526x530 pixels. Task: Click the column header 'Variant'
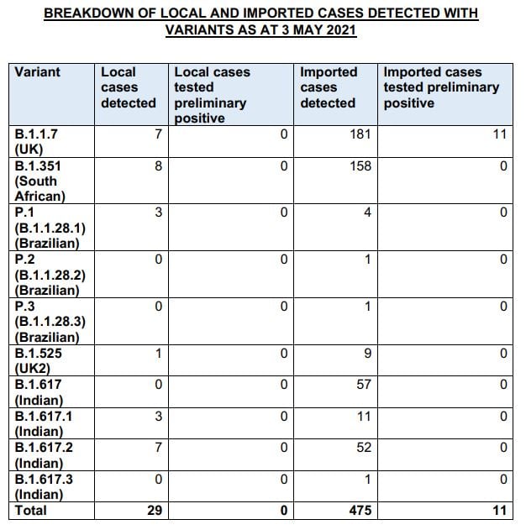click(38, 72)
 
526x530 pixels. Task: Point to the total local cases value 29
click(153, 511)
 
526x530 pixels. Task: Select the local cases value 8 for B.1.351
click(157, 166)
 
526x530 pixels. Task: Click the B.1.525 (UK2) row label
click(39, 361)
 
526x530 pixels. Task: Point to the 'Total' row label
click(31, 511)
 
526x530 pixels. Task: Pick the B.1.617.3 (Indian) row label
click(44, 486)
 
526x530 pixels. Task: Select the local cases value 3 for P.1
click(157, 213)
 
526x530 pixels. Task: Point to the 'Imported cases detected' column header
click(329, 87)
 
